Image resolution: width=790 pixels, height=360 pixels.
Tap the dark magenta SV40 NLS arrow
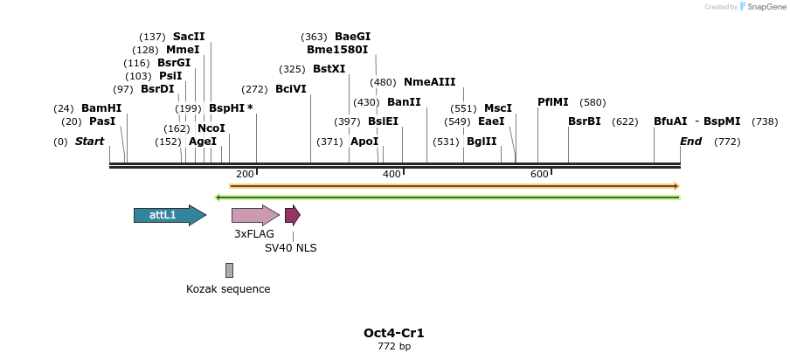(x=292, y=215)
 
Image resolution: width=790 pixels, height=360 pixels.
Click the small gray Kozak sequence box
(x=229, y=270)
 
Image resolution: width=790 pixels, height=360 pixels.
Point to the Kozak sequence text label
(x=228, y=289)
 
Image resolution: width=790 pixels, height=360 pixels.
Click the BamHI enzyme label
(x=101, y=108)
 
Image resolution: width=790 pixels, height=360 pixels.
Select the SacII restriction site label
(x=189, y=37)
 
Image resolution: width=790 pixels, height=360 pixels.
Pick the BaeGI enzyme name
(x=352, y=37)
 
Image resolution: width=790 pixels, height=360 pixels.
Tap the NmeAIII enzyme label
(x=429, y=82)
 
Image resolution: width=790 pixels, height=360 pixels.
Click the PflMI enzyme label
(x=552, y=102)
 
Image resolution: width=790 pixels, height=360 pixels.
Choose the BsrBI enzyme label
(x=584, y=121)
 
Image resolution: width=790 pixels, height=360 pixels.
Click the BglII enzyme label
(x=481, y=142)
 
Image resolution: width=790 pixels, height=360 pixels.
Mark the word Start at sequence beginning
(x=89, y=142)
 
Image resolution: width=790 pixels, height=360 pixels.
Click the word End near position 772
(x=690, y=142)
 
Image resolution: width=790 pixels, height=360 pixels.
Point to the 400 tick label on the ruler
(x=392, y=174)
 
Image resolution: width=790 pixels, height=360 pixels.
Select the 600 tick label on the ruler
(x=539, y=174)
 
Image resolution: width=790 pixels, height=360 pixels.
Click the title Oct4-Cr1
(x=393, y=333)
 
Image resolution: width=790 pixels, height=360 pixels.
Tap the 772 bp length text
(x=393, y=347)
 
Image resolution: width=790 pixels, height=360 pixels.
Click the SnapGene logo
(x=761, y=7)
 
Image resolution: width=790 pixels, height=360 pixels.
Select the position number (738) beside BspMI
(x=765, y=121)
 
